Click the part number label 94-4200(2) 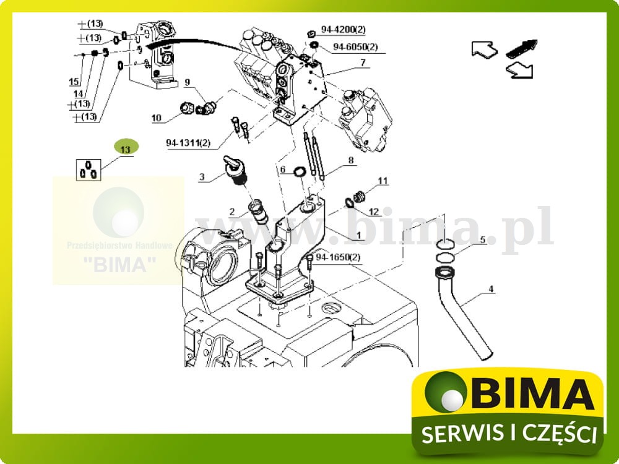tap(343, 29)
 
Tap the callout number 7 tap(363, 62)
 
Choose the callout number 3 tap(202, 178)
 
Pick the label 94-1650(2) tap(338, 257)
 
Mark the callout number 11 tap(383, 181)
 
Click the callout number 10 tap(156, 118)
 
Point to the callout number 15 tap(74, 82)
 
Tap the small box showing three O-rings tap(88, 169)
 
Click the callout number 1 tap(357, 236)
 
